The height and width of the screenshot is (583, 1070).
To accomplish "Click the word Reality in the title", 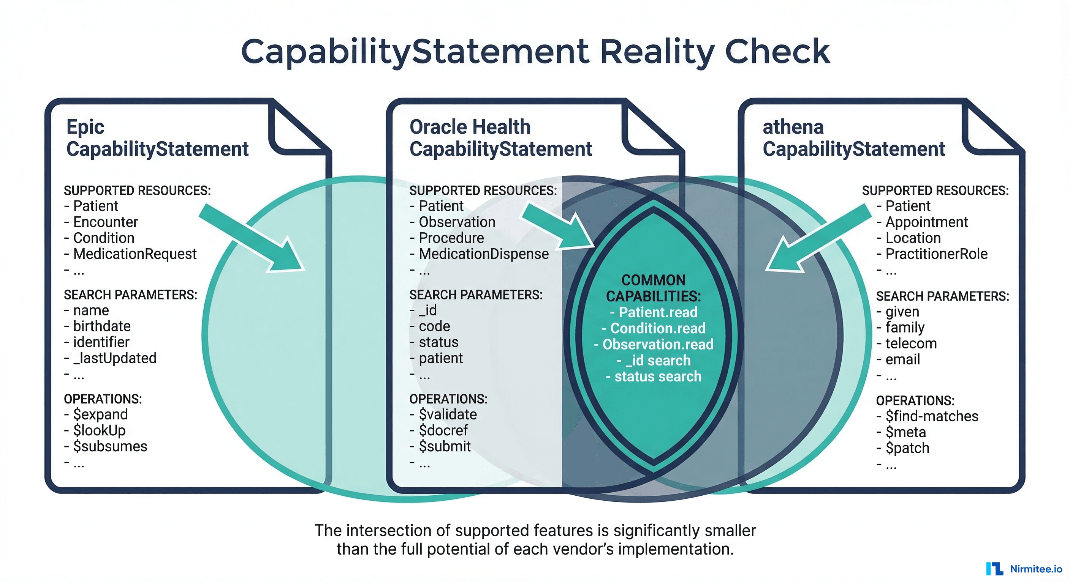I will pos(657,52).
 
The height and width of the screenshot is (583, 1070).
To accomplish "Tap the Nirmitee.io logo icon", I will pos(994,569).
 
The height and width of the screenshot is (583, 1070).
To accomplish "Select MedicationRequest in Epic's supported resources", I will pos(135,254).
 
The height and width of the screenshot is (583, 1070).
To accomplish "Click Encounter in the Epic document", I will pos(105,222).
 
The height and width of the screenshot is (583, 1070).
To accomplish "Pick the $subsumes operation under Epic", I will pos(110,446).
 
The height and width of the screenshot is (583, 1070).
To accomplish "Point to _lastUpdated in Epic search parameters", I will pos(115,358).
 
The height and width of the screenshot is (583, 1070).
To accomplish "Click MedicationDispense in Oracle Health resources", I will pos(483,254).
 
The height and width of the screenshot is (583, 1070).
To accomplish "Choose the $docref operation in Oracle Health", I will pos(443,430).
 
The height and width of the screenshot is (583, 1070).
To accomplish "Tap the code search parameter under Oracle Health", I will pos(434,326).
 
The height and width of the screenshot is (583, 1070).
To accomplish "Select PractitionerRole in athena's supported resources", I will pos(936,254).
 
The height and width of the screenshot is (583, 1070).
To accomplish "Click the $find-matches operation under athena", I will pos(932,416).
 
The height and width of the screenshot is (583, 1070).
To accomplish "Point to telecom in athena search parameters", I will pos(911,343).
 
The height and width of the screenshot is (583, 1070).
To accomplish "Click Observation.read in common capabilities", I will pos(657,344).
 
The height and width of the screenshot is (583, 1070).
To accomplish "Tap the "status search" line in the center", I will pos(657,377).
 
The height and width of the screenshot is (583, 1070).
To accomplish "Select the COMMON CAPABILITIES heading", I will pos(654,288).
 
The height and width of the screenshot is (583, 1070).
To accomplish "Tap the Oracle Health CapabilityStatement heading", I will pos(500,138).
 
